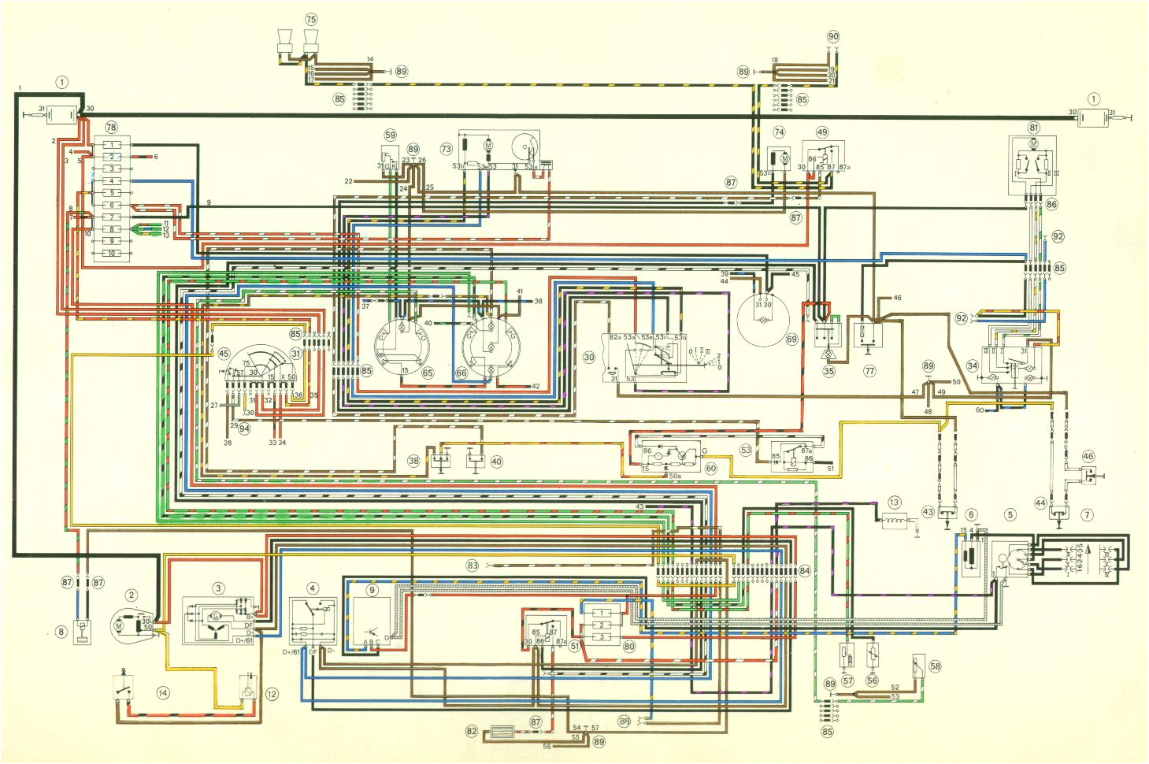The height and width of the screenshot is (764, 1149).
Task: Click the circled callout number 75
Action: [310, 19]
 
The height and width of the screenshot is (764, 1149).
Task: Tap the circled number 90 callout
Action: [833, 37]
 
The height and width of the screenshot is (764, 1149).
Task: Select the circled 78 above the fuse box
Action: [111, 128]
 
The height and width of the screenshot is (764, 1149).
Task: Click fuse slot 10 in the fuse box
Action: [112, 253]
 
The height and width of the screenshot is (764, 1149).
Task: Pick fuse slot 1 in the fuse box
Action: [112, 145]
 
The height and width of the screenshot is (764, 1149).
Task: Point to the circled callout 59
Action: [389, 134]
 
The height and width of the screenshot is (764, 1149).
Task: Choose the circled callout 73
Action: [447, 149]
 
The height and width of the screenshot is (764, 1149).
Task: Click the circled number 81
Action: [1034, 127]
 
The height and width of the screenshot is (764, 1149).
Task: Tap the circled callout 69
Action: [791, 339]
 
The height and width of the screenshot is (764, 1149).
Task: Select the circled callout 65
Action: [428, 373]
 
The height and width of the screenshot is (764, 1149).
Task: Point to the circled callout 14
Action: [163, 693]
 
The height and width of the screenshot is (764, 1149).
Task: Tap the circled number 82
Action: [472, 731]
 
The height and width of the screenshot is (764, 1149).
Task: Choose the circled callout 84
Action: [804, 570]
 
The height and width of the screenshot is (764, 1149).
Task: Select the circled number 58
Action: [935, 666]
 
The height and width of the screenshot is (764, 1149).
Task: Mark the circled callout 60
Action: [710, 468]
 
